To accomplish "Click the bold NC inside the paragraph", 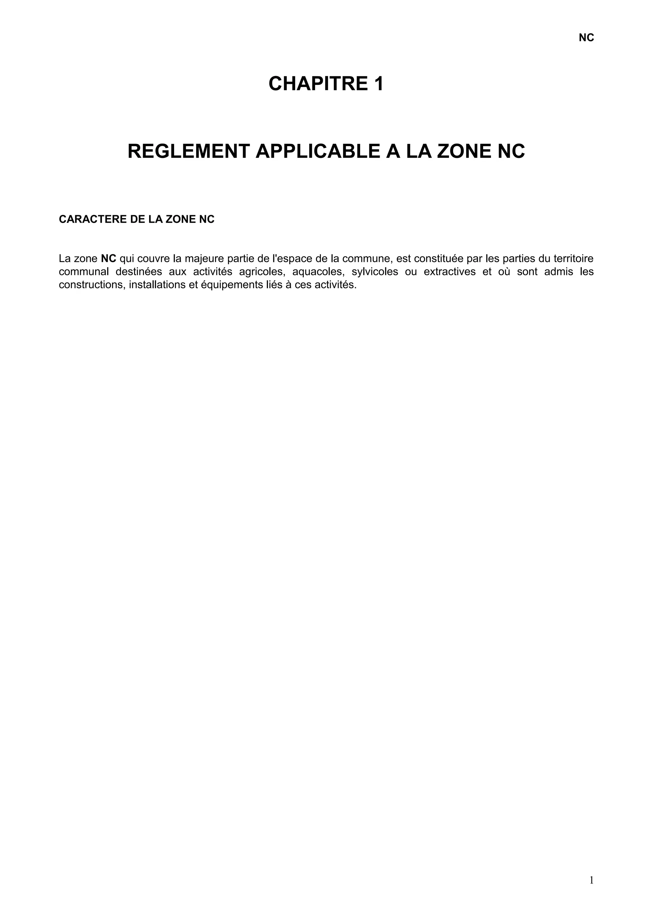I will click(109, 259).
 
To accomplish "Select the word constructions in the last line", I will click(91, 285).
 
